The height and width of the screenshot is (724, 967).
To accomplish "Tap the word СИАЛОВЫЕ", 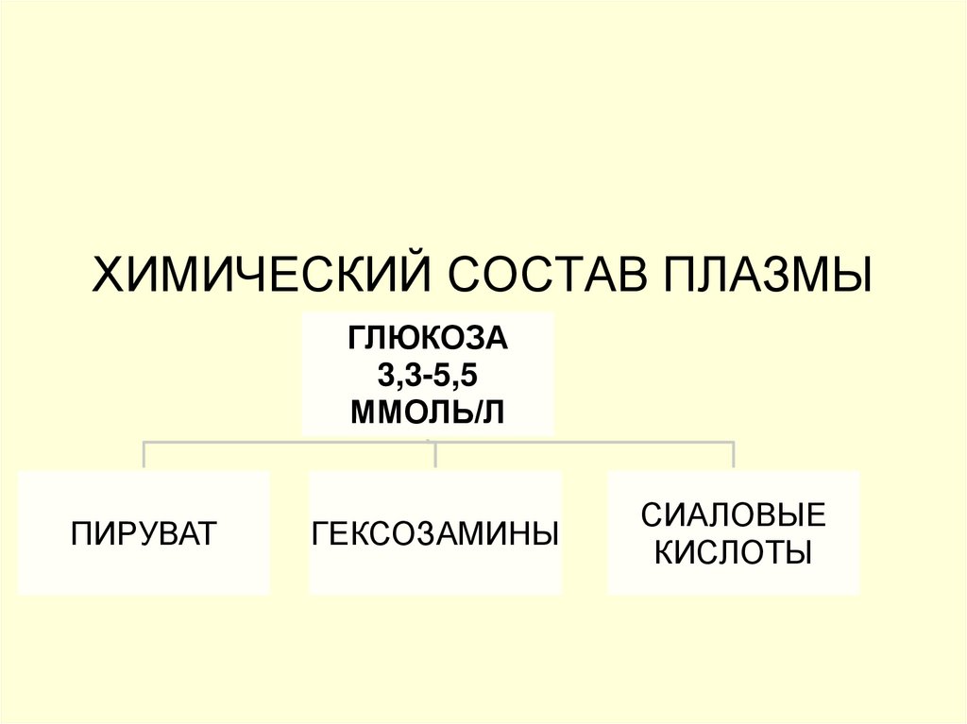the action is [x=734, y=515].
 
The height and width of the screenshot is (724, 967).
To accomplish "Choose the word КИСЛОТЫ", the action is [x=734, y=551].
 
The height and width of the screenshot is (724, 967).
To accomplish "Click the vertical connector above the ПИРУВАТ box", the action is [x=144, y=455].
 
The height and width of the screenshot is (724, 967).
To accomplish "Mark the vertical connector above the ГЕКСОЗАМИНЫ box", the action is [x=435, y=455].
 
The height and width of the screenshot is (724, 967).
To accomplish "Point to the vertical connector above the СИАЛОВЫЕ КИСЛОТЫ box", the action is [x=734, y=455].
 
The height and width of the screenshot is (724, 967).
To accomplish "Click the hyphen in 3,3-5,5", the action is [x=429, y=376].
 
